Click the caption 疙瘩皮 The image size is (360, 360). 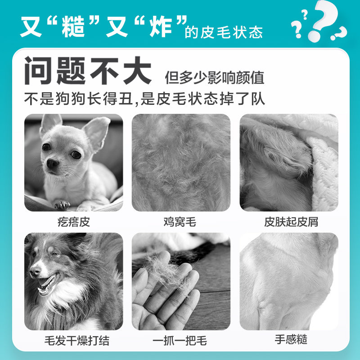73,222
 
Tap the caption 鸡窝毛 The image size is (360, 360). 180,222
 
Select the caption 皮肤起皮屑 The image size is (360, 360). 291,222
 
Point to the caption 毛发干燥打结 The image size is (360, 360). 77,341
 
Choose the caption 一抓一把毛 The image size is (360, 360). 180,341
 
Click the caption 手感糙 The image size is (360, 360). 291,340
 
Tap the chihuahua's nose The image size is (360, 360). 52,163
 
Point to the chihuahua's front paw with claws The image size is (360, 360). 62,205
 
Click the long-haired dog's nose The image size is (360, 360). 35,271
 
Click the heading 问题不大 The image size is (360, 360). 88,71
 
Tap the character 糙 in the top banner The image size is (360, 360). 73,27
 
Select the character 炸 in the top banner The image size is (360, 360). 161,27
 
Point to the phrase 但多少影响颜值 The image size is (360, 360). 215,78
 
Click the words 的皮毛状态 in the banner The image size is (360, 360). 224,32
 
